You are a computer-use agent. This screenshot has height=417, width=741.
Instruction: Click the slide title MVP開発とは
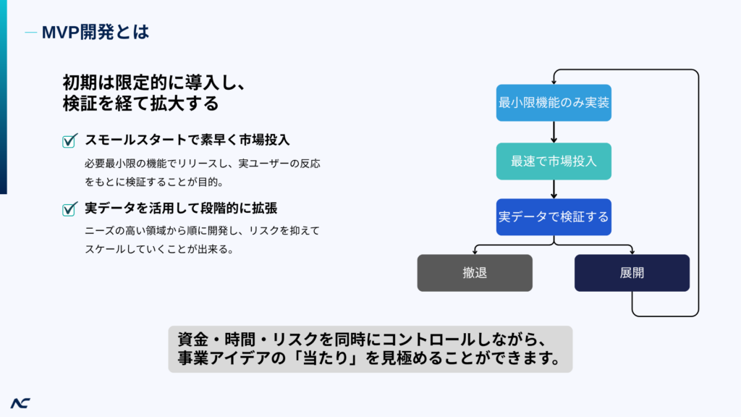tap(96, 32)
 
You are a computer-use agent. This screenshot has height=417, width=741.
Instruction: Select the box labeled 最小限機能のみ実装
tap(554, 103)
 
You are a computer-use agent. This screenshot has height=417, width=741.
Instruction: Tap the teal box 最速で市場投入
tap(554, 161)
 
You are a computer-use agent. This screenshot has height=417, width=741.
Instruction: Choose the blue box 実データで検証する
tap(554, 217)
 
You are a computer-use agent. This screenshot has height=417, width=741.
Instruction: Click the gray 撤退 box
tap(475, 273)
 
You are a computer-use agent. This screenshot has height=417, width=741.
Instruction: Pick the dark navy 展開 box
tap(632, 273)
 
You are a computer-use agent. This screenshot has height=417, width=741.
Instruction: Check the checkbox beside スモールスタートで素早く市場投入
tap(69, 140)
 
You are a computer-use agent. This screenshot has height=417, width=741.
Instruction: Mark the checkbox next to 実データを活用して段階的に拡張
tap(69, 208)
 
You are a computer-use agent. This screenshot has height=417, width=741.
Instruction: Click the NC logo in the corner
tap(20, 403)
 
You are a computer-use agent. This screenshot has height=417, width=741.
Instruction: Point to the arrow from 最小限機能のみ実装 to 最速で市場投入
tap(554, 132)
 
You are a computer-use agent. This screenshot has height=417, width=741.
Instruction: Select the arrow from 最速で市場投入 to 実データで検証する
tap(554, 189)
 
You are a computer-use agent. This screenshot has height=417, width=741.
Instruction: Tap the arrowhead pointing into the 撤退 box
tap(475, 252)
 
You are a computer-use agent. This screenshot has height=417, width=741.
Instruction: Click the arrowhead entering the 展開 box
tap(632, 252)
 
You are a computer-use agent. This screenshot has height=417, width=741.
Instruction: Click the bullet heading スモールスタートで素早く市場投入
tap(187, 140)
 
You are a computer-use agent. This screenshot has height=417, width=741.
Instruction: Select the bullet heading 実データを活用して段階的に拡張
tap(181, 208)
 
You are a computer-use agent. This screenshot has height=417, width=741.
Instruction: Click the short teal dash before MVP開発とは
tap(30, 33)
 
